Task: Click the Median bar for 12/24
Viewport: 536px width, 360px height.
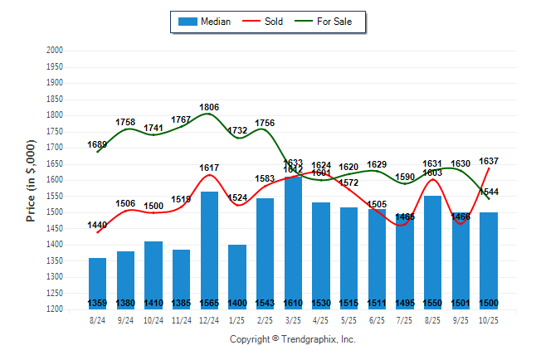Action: tap(209, 249)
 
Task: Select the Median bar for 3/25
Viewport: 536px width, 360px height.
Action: tap(293, 241)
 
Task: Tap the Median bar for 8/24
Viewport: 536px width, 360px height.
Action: tap(97, 282)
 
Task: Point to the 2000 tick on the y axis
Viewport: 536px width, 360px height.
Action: tap(54, 51)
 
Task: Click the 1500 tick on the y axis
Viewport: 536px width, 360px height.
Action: tap(54, 212)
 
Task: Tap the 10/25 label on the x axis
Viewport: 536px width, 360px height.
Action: tap(488, 319)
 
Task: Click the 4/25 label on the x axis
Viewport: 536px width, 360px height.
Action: tap(321, 319)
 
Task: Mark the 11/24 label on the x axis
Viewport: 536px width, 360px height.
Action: tap(181, 319)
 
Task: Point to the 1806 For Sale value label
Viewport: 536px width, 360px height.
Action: tap(209, 107)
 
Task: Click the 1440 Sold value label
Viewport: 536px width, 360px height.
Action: tap(97, 225)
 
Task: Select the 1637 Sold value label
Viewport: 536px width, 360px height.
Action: tap(488, 161)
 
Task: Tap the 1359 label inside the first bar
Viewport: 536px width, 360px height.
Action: tap(97, 303)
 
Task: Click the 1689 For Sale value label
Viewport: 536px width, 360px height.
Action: tap(97, 144)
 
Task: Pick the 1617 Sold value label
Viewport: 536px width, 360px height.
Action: tap(209, 168)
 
